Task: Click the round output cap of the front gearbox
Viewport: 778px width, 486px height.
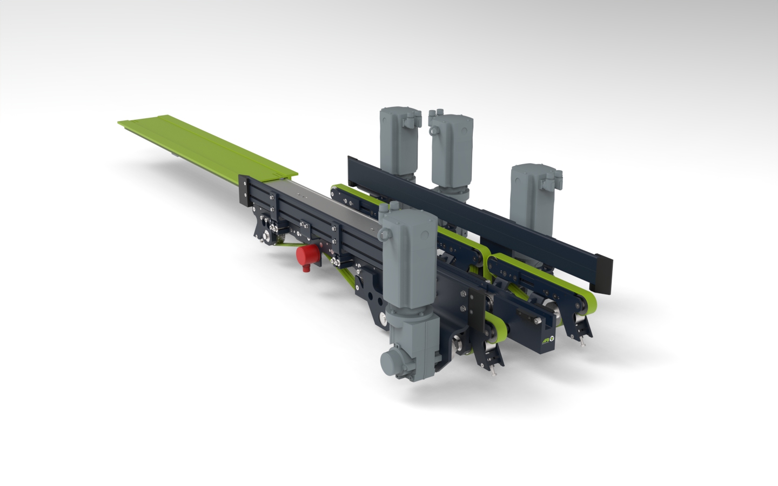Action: pos(390,360)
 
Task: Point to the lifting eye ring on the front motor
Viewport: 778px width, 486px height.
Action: pos(384,234)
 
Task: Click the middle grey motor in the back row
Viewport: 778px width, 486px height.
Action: pos(452,148)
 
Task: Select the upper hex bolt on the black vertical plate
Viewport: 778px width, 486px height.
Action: pos(464,294)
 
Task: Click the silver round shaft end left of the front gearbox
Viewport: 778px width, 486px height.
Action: pos(383,320)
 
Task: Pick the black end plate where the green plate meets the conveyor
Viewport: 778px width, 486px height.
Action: pos(244,188)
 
